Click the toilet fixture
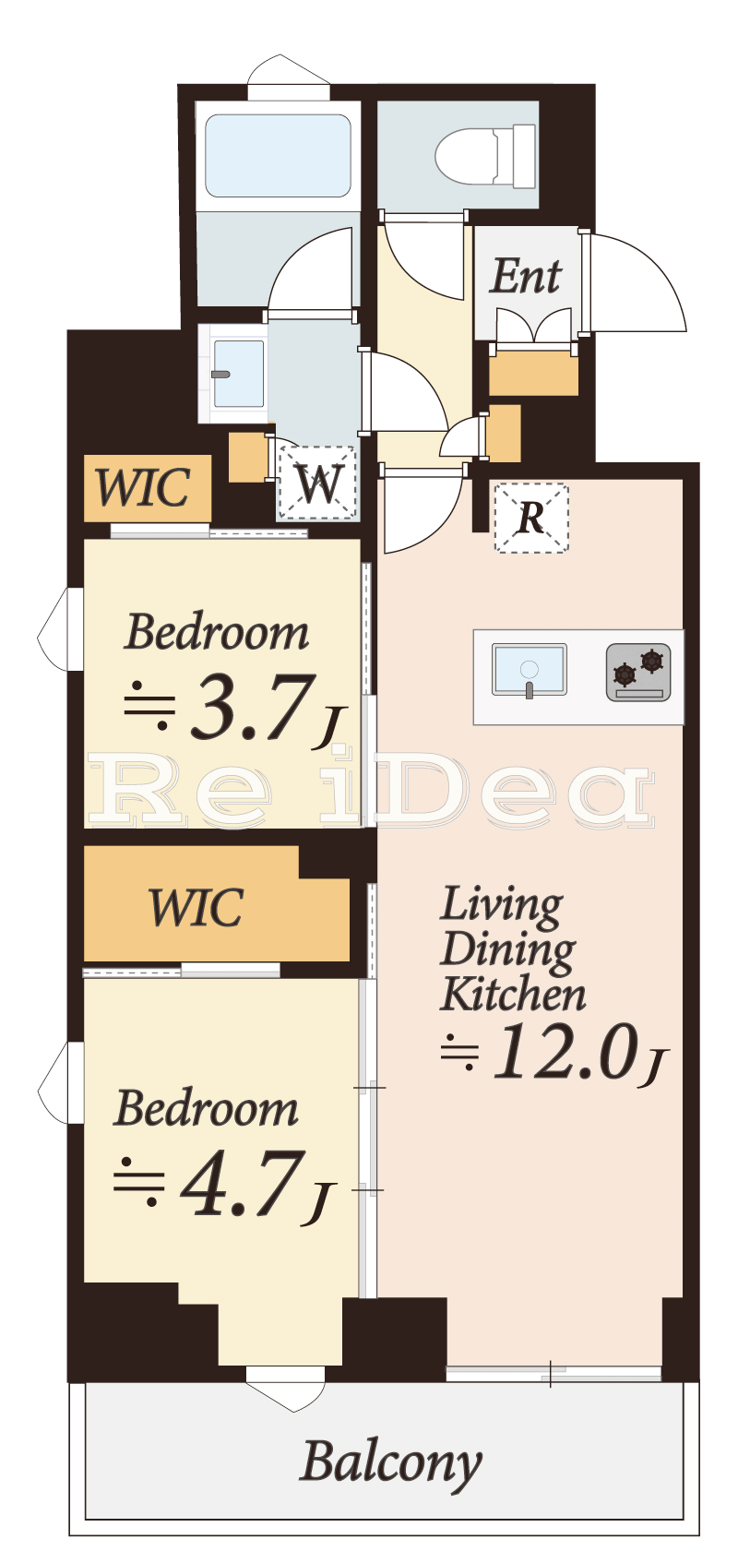(485, 157)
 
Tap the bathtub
(278, 156)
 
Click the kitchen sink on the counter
(530, 670)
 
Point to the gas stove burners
(638, 672)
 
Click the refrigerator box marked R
(531, 518)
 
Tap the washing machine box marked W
(317, 483)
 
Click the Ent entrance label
(525, 276)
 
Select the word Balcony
(390, 1463)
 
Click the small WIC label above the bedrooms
(143, 487)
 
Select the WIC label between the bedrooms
(196, 907)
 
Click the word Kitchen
(513, 995)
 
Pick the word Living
(502, 907)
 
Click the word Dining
(507, 951)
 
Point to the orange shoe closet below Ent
(533, 373)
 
